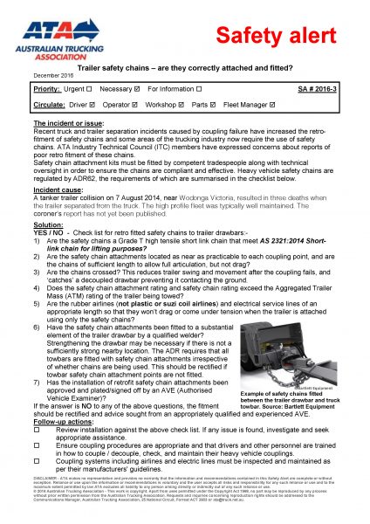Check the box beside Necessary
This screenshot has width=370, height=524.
135,89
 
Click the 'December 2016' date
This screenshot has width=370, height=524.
51,76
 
